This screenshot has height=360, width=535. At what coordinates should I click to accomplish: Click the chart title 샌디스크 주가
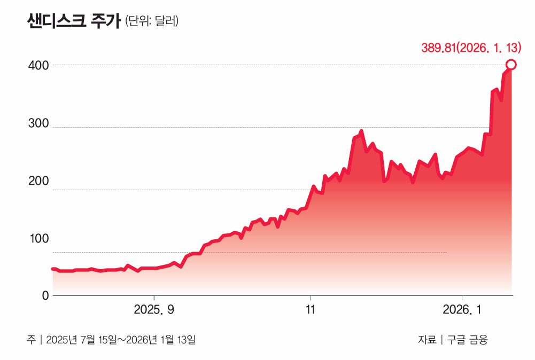[73, 22]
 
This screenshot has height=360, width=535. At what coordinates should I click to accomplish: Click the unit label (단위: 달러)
[152, 22]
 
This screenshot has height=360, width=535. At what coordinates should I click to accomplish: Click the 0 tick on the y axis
[45, 295]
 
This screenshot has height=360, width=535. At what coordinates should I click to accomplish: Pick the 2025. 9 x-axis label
[154, 310]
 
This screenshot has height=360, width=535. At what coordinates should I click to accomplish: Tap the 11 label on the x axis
[310, 310]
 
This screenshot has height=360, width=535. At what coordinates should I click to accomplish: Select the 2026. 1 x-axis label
[462, 310]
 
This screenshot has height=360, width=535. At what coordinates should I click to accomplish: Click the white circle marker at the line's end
[511, 65]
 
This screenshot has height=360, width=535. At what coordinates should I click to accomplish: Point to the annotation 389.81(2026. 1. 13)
[471, 48]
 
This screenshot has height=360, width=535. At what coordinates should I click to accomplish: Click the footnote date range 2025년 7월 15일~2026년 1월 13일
[121, 340]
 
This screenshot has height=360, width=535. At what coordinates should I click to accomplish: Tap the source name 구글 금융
[468, 340]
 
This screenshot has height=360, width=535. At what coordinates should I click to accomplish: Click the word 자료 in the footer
[427, 340]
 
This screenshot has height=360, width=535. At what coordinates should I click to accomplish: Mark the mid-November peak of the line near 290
[361, 131]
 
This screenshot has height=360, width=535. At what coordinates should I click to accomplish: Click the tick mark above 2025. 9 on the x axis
[154, 297]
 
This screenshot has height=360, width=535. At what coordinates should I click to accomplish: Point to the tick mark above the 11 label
[310, 297]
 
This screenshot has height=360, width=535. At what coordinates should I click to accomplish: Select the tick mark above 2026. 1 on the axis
[462, 297]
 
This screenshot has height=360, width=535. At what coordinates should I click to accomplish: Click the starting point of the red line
[52, 269]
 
